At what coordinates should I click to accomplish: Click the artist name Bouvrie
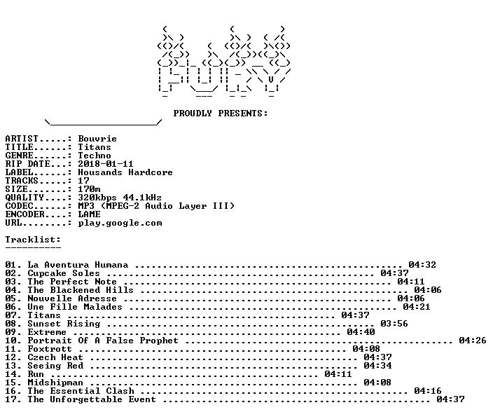pyautogui.click(x=97, y=139)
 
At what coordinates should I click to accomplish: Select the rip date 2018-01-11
pyautogui.click(x=106, y=164)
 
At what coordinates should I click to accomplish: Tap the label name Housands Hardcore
pyautogui.click(x=125, y=172)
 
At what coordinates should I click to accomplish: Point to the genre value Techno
pyautogui.click(x=95, y=156)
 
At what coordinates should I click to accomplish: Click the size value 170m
pyautogui.click(x=89, y=189)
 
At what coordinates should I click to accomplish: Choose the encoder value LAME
pyautogui.click(x=90, y=214)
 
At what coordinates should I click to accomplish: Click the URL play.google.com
pyautogui.click(x=120, y=223)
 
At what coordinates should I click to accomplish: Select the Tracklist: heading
pyautogui.click(x=33, y=240)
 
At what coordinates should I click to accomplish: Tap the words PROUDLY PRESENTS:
pyautogui.click(x=221, y=114)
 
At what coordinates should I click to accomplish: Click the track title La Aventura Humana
pyautogui.click(x=78, y=265)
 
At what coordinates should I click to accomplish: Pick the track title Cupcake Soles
pyautogui.click(x=64, y=273)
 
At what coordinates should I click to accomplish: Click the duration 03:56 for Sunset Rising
pyautogui.click(x=394, y=324)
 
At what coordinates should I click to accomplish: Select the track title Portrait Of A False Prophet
pyautogui.click(x=103, y=341)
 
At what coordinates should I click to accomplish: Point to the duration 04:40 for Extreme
pyautogui.click(x=361, y=332)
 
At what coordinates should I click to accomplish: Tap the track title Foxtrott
pyautogui.click(x=50, y=349)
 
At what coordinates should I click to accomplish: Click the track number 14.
pyautogui.click(x=11, y=374)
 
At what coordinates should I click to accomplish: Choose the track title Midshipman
pyautogui.click(x=55, y=383)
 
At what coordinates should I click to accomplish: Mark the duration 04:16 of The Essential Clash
pyautogui.click(x=428, y=391)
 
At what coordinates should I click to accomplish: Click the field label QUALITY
pyautogui.click(x=25, y=198)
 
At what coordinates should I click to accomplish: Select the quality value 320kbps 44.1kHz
pyautogui.click(x=120, y=198)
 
